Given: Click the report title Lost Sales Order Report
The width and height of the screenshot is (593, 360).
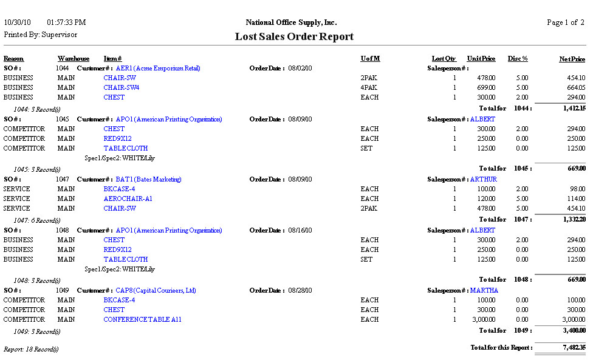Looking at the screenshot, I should (294, 37).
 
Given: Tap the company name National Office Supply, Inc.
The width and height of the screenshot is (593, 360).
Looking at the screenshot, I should (290, 22).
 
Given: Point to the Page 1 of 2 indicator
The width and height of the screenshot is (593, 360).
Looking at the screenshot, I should (565, 22).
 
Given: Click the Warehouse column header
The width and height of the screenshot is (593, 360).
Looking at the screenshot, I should (74, 59).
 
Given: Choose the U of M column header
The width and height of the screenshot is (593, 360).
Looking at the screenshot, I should (370, 59).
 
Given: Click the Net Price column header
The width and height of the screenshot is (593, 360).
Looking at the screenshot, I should (572, 59).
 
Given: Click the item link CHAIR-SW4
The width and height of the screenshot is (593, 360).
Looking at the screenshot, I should (122, 87).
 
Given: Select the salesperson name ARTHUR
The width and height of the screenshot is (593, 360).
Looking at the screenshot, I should (484, 179).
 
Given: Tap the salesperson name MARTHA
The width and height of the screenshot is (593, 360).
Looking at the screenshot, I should (484, 290).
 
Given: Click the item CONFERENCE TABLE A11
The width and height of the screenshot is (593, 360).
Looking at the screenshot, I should (142, 319).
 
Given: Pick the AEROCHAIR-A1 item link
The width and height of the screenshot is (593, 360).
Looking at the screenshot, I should (128, 199).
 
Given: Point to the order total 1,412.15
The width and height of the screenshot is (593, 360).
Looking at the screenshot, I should (574, 108).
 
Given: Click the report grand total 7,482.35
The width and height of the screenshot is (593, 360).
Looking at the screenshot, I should (574, 348).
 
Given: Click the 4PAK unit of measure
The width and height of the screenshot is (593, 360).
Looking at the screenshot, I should (369, 87).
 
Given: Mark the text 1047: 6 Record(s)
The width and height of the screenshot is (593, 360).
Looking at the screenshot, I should (37, 220).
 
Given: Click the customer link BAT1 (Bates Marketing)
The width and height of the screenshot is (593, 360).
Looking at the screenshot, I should (148, 179).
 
